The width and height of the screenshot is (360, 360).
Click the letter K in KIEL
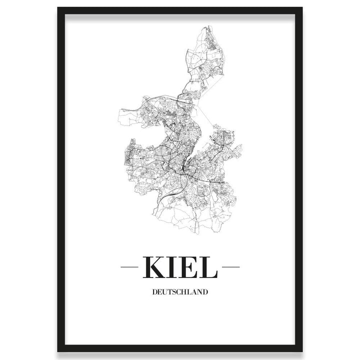[x=154, y=267]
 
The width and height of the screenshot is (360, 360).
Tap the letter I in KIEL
[x=172, y=267]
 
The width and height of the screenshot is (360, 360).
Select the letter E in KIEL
[x=188, y=267]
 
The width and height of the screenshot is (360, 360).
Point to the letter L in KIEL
[x=208, y=267]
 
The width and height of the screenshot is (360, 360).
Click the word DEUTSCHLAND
[x=180, y=291]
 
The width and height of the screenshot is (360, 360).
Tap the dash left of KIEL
[x=129, y=267]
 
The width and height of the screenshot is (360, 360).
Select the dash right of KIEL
[x=230, y=267]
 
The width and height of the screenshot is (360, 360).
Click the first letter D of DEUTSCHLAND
[x=154, y=291]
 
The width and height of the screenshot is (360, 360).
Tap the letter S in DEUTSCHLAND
[x=175, y=291]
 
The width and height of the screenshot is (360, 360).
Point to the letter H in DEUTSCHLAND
[x=185, y=291]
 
